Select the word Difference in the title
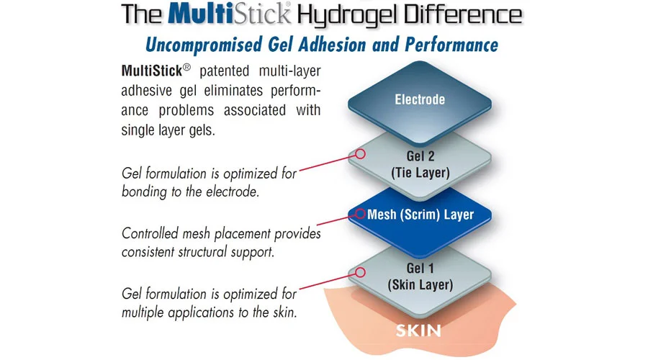(462, 14)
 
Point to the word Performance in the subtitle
(449, 45)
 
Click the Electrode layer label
(420, 99)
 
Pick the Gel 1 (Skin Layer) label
(420, 276)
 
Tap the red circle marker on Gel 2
(361, 153)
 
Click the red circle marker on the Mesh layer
(360, 214)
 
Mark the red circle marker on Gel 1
(361, 271)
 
